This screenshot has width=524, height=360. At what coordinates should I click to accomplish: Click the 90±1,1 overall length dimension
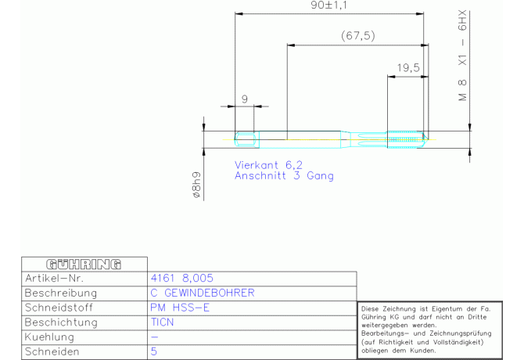click(x=328, y=5)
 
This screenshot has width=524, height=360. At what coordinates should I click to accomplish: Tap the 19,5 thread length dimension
click(x=408, y=68)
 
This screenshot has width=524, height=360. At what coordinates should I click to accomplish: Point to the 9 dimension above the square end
click(x=245, y=99)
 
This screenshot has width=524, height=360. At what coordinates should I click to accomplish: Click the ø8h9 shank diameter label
click(x=197, y=185)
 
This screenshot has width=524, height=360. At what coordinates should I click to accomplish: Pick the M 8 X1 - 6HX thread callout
click(x=462, y=56)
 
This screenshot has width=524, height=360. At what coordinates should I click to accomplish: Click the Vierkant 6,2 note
click(x=268, y=165)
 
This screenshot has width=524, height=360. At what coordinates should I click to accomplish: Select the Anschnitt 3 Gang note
click(x=284, y=176)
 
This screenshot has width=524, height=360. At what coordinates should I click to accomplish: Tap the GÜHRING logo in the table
click(x=84, y=265)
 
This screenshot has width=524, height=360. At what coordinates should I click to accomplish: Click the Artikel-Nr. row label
click(x=54, y=279)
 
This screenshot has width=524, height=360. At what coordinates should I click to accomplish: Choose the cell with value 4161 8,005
click(x=181, y=278)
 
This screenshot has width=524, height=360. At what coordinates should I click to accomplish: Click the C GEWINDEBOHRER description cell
click(x=203, y=293)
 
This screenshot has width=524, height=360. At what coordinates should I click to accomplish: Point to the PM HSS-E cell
click(x=180, y=308)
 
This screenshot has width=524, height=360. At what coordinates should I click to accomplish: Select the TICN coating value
click(x=162, y=322)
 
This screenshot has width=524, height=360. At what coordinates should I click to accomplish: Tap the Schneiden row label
click(x=52, y=351)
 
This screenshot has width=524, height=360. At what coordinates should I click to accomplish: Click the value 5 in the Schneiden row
click(x=154, y=351)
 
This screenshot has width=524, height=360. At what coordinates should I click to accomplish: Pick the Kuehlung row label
click(x=49, y=337)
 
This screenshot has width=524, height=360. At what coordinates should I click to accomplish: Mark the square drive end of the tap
click(x=247, y=139)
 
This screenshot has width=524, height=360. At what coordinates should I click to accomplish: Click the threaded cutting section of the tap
click(x=406, y=139)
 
